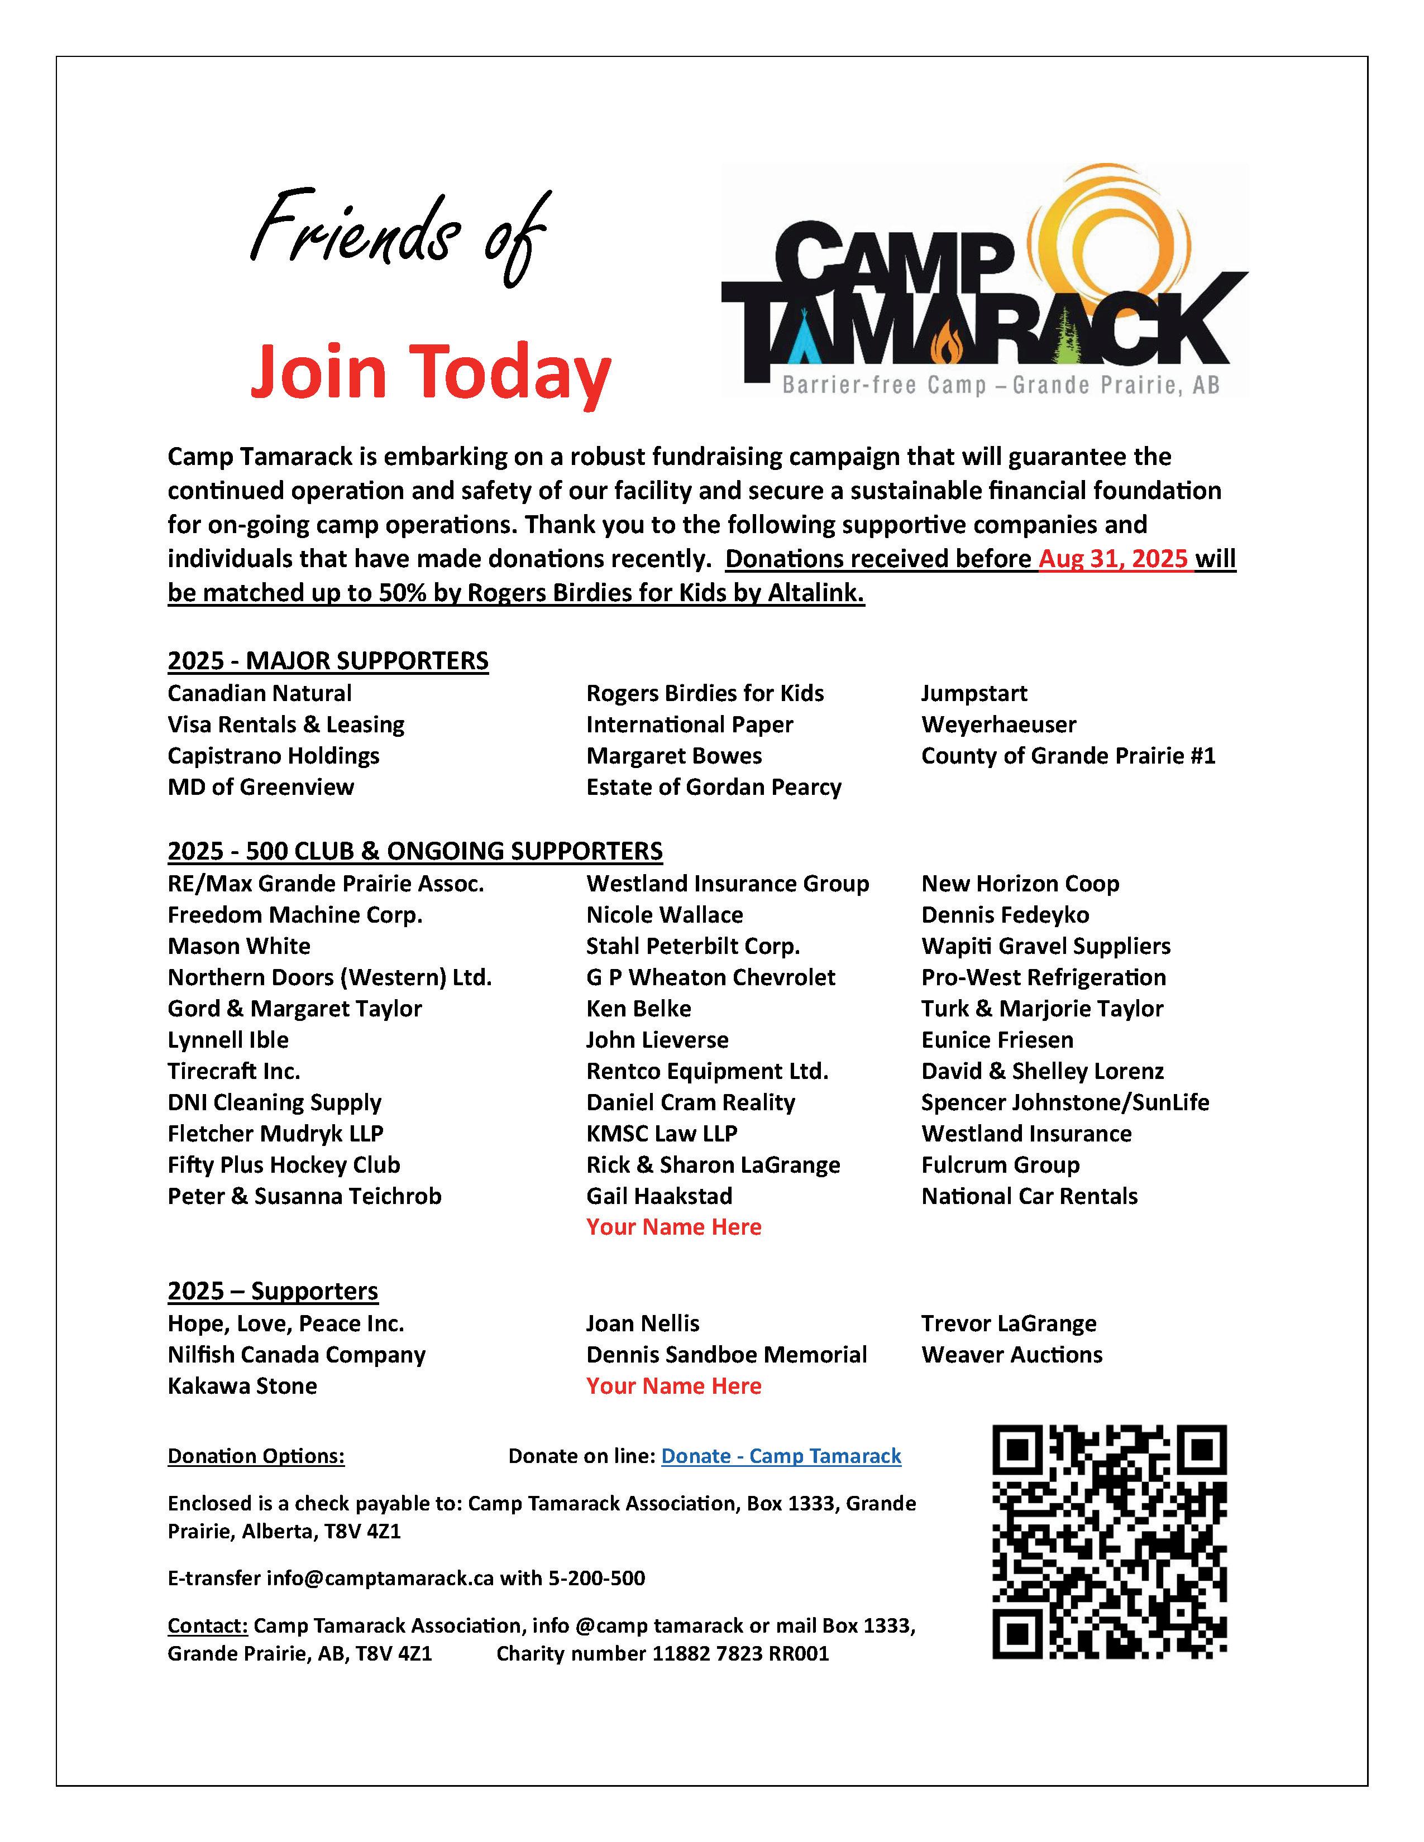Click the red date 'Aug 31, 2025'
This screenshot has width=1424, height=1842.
coord(1115,559)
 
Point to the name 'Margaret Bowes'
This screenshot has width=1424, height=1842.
coord(673,756)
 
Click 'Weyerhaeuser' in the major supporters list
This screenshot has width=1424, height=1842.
coord(998,725)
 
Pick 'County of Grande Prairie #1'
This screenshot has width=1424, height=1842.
coord(1067,756)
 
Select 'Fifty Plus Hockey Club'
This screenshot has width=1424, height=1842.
coord(284,1165)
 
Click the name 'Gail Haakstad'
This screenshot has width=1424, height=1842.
coord(659,1196)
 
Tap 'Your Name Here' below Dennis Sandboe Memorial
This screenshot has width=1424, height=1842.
coord(673,1386)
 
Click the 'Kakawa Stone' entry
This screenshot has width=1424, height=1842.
coord(242,1386)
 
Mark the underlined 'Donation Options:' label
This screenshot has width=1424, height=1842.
coord(256,1456)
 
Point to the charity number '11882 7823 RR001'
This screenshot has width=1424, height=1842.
coord(740,1653)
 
